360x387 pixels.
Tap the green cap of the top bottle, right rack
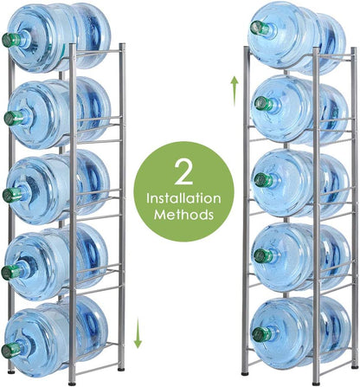(256, 28)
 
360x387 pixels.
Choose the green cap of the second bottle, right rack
(258, 105)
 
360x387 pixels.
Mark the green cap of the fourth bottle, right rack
(258, 257)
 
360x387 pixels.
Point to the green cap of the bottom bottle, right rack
(258, 333)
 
